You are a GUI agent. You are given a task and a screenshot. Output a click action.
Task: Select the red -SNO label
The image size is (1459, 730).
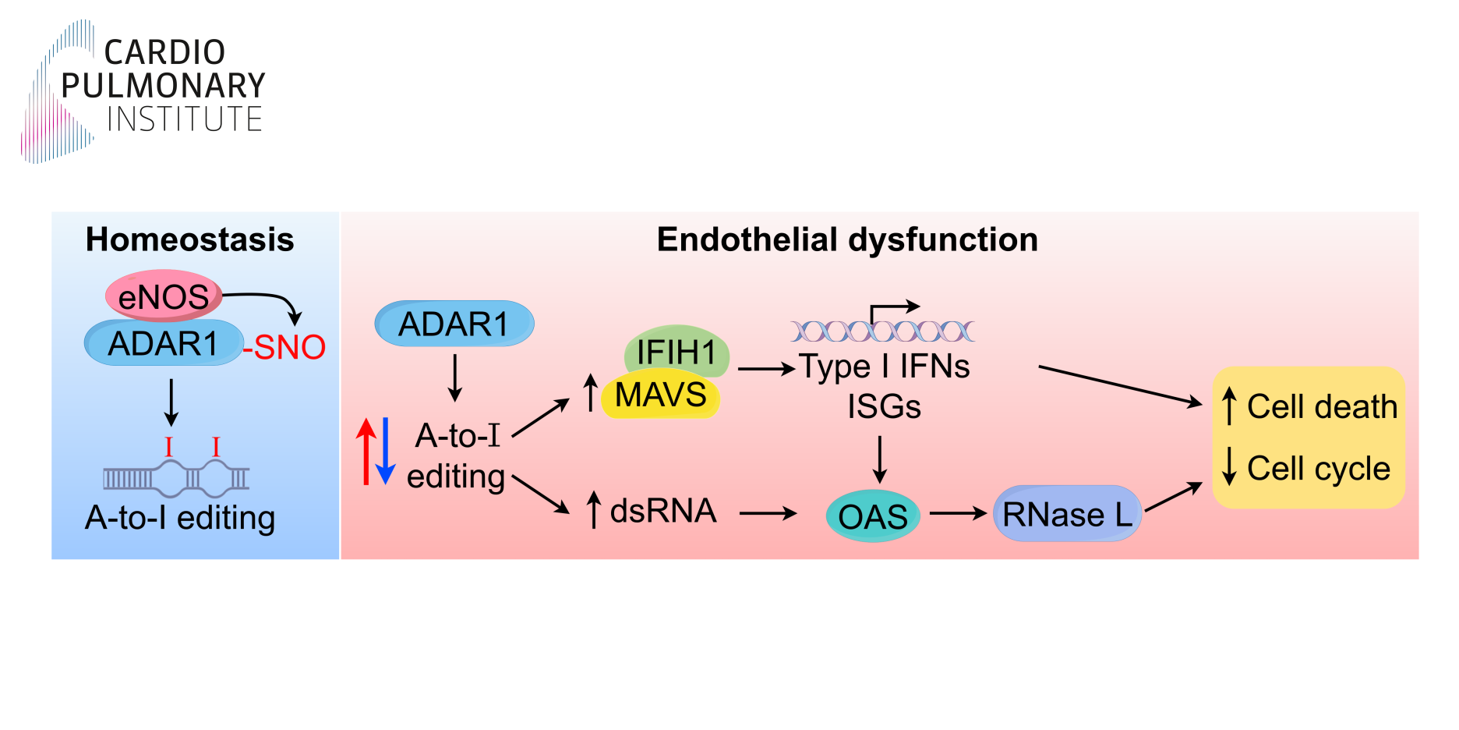(285, 348)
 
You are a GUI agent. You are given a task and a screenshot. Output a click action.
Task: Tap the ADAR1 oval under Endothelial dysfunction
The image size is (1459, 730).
(454, 324)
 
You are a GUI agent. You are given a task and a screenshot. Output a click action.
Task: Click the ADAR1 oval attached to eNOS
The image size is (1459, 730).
(163, 344)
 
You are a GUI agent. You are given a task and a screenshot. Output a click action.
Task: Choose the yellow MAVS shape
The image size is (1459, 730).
(660, 395)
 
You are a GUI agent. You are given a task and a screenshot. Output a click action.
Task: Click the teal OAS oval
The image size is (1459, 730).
(873, 516)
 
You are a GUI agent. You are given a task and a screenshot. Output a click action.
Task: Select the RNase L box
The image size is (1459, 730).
(1067, 514)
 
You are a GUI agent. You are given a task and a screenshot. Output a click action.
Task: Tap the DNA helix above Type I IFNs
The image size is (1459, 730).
(882, 331)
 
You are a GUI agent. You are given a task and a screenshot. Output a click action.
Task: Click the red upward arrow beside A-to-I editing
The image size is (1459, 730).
(366, 452)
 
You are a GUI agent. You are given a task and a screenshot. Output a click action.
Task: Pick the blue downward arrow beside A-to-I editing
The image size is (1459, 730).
(386, 452)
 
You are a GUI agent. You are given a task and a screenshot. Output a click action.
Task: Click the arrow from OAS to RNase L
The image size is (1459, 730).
(958, 513)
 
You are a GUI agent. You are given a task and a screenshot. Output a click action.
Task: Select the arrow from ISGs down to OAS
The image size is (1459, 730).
(880, 460)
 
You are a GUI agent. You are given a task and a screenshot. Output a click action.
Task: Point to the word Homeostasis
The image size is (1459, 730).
(189, 239)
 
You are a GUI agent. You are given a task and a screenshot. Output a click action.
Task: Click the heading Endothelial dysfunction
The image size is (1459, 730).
(847, 239)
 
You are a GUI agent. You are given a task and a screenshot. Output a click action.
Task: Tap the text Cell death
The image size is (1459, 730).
(1322, 407)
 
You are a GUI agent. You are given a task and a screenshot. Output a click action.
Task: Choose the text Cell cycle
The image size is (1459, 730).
(1318, 469)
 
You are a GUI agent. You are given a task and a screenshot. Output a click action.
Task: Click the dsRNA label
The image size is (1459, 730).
(662, 511)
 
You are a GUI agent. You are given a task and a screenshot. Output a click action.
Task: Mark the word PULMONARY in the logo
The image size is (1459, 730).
(163, 86)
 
